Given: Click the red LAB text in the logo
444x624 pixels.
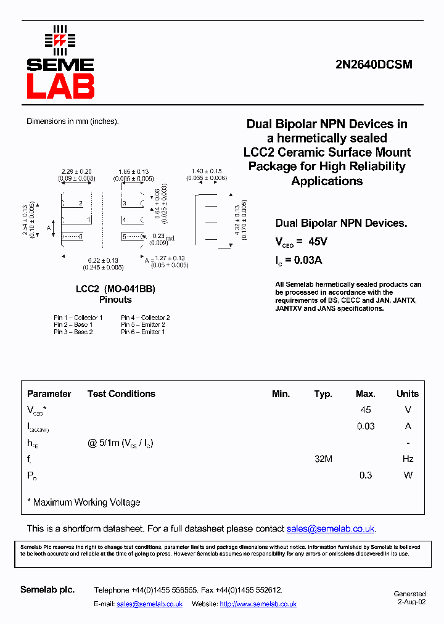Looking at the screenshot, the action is click(60, 86).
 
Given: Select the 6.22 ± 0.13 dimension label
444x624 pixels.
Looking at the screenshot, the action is click(103, 261).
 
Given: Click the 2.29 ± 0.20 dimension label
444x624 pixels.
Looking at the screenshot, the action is click(77, 171).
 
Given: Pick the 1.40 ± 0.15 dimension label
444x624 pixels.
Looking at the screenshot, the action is click(207, 171).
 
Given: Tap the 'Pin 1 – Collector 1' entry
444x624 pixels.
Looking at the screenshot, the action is click(78, 318).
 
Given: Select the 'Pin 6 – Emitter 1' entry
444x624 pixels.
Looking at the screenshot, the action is click(142, 332).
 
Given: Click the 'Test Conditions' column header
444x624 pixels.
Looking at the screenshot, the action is click(121, 393).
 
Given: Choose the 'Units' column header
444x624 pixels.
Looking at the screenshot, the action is click(407, 393).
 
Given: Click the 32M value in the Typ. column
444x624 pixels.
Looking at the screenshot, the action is click(323, 459).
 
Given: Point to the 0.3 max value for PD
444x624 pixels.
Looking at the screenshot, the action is click(366, 475).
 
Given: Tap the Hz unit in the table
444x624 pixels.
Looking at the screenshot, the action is click(408, 459).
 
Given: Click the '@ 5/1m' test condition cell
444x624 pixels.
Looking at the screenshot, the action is click(121, 443).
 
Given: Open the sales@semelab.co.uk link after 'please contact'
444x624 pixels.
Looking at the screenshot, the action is click(331, 528).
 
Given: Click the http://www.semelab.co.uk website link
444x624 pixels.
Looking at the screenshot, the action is click(258, 604).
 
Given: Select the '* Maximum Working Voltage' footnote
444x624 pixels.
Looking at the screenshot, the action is click(84, 502).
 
